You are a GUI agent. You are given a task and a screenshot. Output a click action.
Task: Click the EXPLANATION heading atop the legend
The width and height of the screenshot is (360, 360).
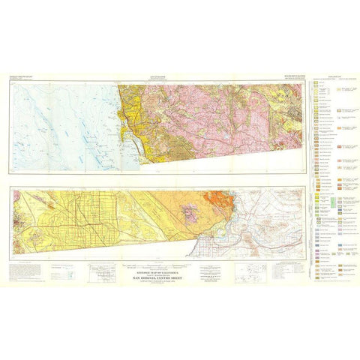[x=330, y=77]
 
